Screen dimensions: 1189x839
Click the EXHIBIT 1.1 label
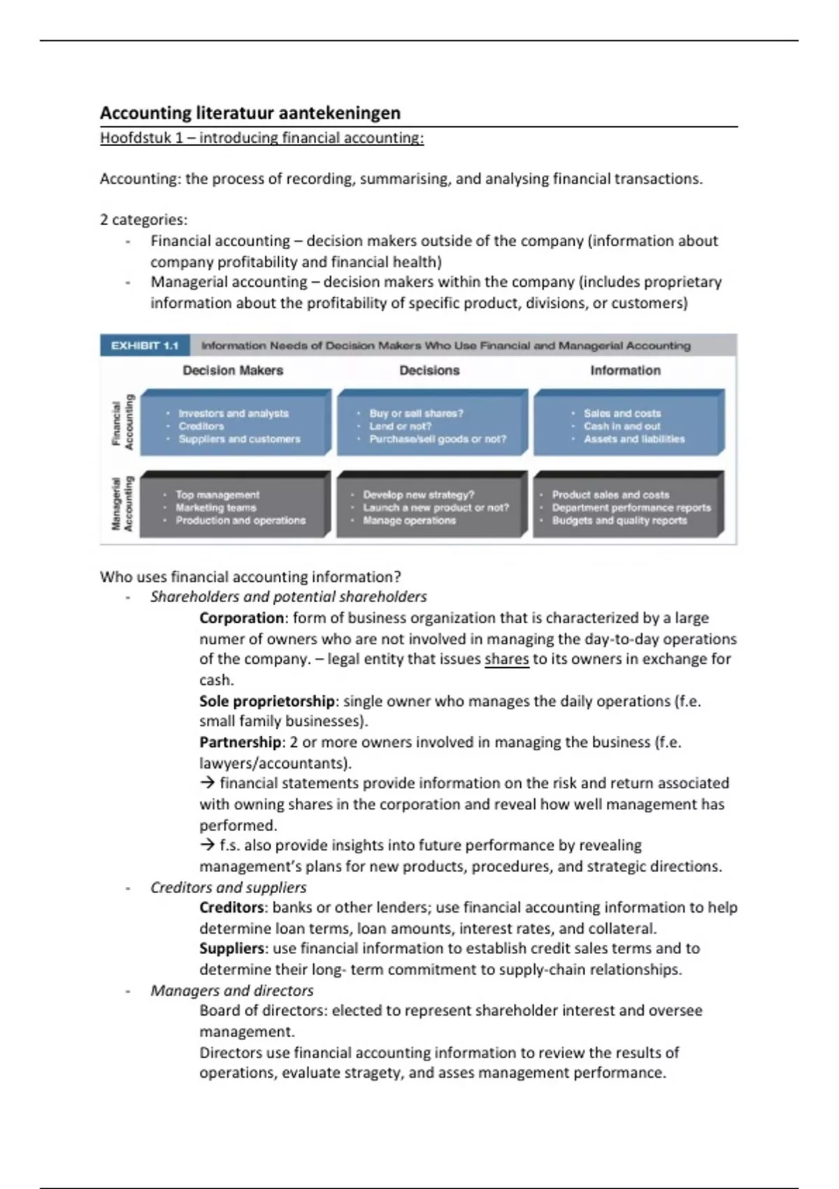(145, 346)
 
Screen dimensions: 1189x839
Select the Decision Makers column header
(233, 371)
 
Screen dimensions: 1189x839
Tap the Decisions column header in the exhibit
(429, 371)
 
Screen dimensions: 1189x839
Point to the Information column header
(625, 371)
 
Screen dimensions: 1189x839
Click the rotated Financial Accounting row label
(123, 423)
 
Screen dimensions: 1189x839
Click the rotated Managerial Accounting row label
(123, 504)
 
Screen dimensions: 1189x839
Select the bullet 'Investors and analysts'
(234, 413)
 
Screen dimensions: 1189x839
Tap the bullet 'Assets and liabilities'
(634, 439)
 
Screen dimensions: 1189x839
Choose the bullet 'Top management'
(217, 494)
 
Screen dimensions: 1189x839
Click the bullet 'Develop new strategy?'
(418, 494)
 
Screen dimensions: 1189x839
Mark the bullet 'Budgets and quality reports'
(619, 520)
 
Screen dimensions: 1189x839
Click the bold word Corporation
(242, 618)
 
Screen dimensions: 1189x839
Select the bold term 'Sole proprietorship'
(267, 701)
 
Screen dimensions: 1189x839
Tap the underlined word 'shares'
(506, 659)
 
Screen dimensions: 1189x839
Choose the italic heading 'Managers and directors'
(231, 990)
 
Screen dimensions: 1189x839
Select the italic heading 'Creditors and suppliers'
(228, 888)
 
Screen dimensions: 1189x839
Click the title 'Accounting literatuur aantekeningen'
(250, 113)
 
